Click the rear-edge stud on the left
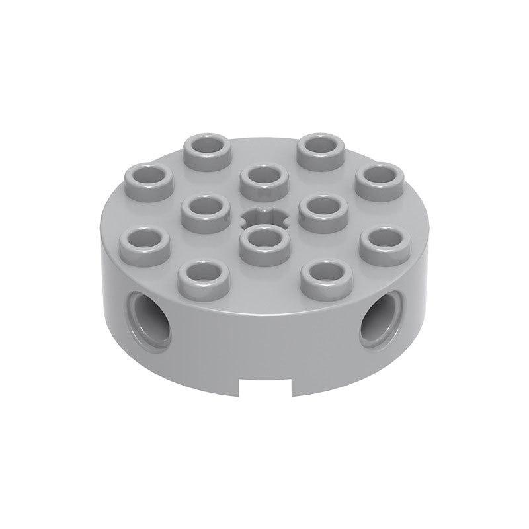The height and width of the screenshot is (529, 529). point(205,151)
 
